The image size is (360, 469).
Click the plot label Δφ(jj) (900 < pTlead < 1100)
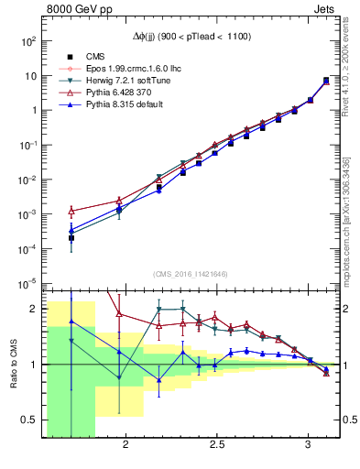(193, 36)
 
